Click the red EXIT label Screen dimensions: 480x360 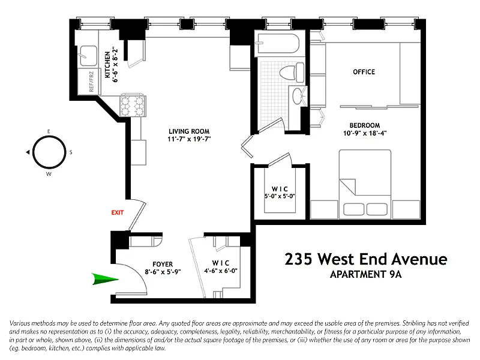118,212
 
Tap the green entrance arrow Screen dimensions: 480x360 105,279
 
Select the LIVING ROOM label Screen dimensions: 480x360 189,131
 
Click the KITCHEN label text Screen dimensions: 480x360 107,65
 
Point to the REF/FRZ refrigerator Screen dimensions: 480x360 89,82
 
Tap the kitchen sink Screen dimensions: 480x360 88,56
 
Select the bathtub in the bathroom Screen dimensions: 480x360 278,43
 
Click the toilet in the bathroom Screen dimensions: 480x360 292,72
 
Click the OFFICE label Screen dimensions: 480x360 364,72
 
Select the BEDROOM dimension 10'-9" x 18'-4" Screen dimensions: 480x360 365,133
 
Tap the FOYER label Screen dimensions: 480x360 163,264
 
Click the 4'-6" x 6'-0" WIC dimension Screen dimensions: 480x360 221,271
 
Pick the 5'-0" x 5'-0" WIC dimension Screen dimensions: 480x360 280,196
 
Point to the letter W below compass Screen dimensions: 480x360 49,174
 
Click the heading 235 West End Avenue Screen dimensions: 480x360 366,259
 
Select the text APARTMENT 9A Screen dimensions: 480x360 365,274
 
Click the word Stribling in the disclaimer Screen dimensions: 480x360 413,323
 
